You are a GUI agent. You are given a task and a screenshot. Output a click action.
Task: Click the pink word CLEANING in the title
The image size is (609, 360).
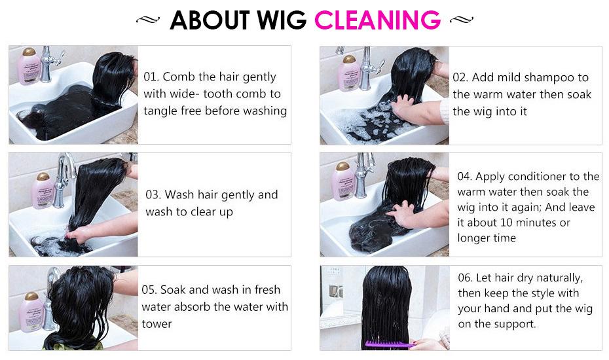click(377, 20)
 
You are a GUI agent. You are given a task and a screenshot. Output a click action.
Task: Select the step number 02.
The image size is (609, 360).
click(460, 77)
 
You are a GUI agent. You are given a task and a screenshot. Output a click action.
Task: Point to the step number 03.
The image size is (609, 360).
click(153, 195)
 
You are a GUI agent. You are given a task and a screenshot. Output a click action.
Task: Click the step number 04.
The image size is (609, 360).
click(464, 177)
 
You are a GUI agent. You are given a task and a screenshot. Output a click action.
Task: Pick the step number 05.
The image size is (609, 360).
click(150, 290)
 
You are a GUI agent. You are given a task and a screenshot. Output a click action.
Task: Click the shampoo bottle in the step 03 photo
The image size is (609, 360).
click(43, 190)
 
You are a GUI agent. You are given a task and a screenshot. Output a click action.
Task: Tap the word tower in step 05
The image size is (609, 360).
click(157, 324)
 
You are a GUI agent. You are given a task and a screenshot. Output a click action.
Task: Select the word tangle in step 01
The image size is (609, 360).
click(162, 111)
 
